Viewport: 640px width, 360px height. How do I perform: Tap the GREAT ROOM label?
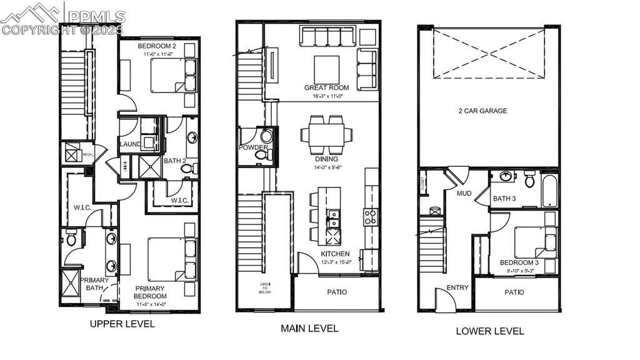pos(326,88)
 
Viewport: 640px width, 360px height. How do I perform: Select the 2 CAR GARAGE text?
pos(481,111)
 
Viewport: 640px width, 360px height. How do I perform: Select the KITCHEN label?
pos(335,254)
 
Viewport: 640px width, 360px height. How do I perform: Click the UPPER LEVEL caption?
pos(122,324)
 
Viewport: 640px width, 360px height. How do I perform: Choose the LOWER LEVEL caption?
pos(489,331)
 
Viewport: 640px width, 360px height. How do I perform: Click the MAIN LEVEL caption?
pos(309,328)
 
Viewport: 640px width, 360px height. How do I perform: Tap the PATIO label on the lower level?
pos(514,292)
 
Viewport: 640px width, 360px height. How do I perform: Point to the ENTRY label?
pos(457,288)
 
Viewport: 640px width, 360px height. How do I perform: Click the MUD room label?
pos(464,193)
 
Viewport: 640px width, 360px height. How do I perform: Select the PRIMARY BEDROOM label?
pos(151,292)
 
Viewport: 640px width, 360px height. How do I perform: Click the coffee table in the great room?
pos(326,69)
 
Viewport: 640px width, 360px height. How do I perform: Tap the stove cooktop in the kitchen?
pos(371,217)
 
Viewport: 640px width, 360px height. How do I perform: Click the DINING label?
pos(326,159)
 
